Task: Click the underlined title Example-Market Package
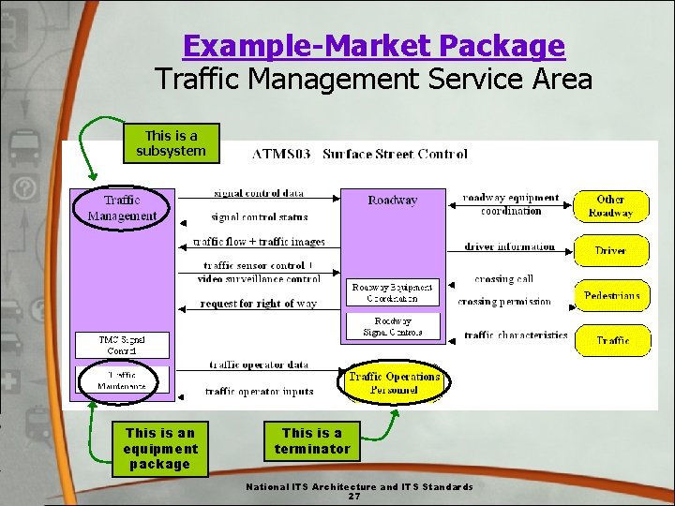pyautogui.click(x=374, y=45)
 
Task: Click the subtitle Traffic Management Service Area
pyautogui.click(x=374, y=79)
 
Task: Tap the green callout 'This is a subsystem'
pyautogui.click(x=171, y=143)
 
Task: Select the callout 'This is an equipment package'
pyautogui.click(x=160, y=448)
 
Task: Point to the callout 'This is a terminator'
pyautogui.click(x=312, y=440)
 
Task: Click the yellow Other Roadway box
pyautogui.click(x=610, y=206)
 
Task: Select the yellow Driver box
pyautogui.click(x=610, y=250)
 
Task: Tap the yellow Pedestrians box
pyautogui.click(x=611, y=296)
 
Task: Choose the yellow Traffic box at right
pyautogui.click(x=612, y=339)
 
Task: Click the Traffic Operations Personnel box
pyautogui.click(x=394, y=382)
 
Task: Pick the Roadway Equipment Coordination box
pyautogui.click(x=393, y=291)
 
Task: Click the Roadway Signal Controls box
pyautogui.click(x=393, y=326)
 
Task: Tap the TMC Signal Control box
pyautogui.click(x=122, y=345)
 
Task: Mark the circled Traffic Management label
pyautogui.click(x=122, y=208)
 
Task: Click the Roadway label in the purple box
pyautogui.click(x=393, y=201)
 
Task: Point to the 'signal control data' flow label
pyautogui.click(x=259, y=193)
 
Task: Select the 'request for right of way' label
pyautogui.click(x=259, y=304)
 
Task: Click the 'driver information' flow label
pyautogui.click(x=509, y=247)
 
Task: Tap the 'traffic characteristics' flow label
pyautogui.click(x=516, y=335)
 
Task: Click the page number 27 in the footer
pyautogui.click(x=354, y=497)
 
